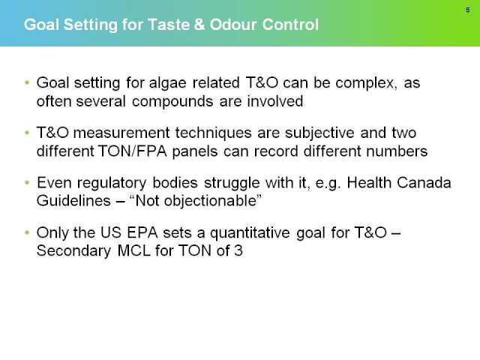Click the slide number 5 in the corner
467,10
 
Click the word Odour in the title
233,25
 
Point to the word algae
167,83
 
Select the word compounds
172,102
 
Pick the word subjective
319,133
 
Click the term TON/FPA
132,151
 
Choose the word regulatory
112,183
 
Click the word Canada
424,182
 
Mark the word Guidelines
73,201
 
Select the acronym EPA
142,232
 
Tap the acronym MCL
133,250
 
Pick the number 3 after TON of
238,250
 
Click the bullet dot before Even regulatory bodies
27,182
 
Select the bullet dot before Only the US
27,232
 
